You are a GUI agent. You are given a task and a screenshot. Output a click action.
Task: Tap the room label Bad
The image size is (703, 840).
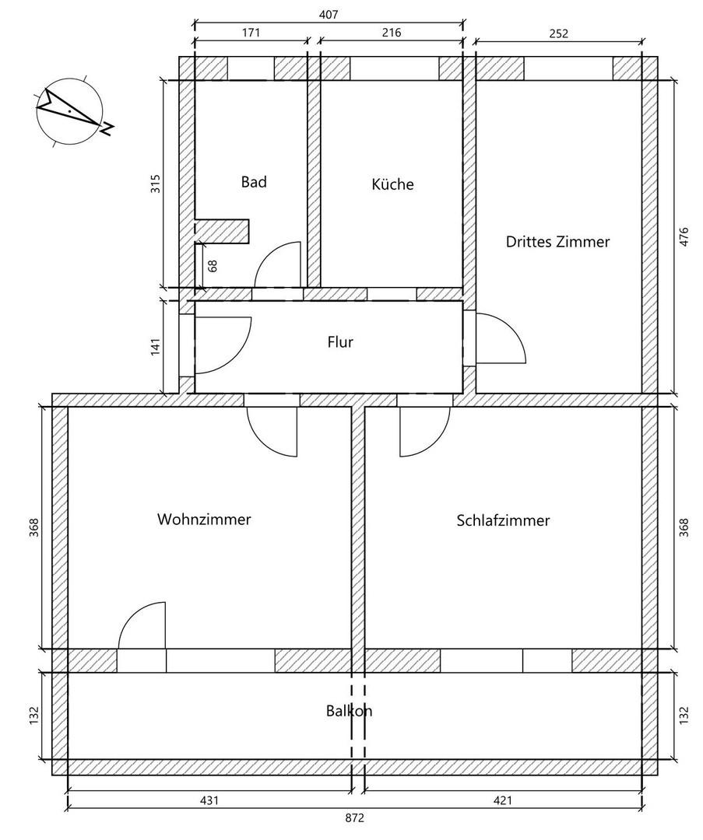tap(254, 182)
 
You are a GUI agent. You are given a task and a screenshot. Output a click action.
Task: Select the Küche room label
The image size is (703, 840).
tap(392, 184)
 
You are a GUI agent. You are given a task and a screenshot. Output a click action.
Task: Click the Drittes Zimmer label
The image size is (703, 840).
tap(557, 242)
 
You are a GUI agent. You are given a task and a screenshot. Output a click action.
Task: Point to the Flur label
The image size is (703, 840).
tap(340, 341)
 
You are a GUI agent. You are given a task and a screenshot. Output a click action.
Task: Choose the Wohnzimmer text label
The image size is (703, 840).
tap(204, 520)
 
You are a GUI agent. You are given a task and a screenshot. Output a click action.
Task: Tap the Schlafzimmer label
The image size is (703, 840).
tap(503, 520)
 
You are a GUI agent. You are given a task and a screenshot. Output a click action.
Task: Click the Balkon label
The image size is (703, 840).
tap(349, 711)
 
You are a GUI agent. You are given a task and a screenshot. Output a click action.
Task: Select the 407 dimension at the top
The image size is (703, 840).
tap(328, 14)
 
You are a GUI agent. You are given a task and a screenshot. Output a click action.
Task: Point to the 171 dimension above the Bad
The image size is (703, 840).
tap(251, 33)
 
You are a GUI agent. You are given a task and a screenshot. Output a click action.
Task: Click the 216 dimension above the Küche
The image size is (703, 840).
tap(392, 33)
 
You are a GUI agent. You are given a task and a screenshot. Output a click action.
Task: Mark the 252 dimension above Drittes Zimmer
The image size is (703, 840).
tap(558, 33)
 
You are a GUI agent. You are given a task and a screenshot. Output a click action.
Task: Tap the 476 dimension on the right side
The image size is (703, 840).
tap(684, 236)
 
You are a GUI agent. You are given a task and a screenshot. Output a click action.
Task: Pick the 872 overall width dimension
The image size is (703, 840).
tap(354, 818)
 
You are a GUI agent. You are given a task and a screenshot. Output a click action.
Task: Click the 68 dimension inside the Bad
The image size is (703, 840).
tap(213, 265)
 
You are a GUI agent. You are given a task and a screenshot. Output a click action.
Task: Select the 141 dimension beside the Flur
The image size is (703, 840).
tap(155, 345)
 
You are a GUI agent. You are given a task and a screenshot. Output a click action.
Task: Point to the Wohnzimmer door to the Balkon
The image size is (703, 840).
tap(142, 626)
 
